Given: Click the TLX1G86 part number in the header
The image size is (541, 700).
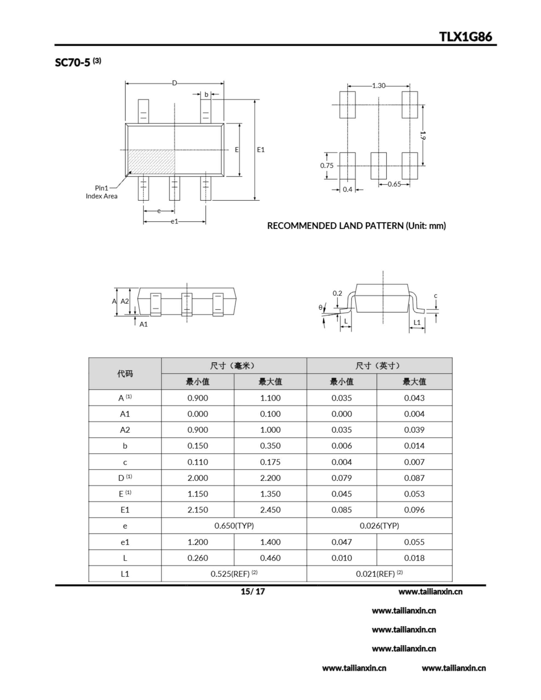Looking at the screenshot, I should coord(465,37).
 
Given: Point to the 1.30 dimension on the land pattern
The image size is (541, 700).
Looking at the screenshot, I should coord(379,86).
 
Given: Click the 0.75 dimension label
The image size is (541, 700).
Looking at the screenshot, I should coord(327,165).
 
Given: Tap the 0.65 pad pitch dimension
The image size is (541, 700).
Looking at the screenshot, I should coord(394,184).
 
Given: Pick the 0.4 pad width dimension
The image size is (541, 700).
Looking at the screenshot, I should coord(347,189).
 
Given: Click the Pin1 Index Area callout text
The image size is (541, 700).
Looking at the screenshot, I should coord(101,192).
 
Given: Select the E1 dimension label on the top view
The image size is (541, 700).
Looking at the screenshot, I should coord(261,149).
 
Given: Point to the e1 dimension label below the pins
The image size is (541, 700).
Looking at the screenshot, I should coord(174,221).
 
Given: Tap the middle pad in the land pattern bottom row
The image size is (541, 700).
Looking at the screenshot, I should coord(379,166).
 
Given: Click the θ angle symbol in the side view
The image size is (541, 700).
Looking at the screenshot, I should coord(320,307).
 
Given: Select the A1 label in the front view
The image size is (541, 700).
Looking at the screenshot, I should coord(143,324).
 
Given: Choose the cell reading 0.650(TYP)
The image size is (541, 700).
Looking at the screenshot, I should coord(234,526).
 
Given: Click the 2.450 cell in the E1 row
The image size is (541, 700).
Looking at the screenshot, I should coord(270,510).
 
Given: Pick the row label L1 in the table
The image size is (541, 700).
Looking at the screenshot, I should coord(125,574).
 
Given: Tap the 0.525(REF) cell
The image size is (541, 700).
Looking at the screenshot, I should coord(234,574).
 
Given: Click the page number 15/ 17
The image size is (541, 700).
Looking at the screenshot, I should coord(253,591).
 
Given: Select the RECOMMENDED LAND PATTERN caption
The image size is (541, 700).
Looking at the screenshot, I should coord(356,226).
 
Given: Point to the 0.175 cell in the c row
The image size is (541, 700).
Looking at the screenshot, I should coord(270,462).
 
